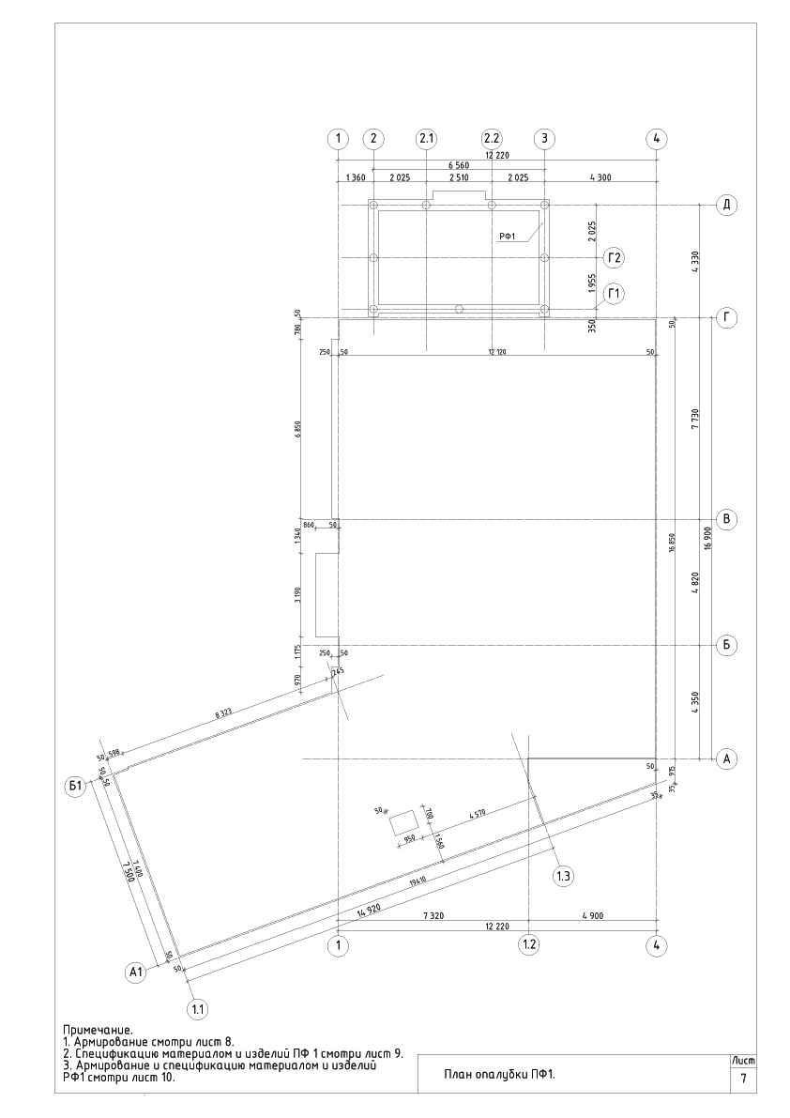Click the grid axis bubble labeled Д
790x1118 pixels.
(x=725, y=205)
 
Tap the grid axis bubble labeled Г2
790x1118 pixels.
(x=615, y=257)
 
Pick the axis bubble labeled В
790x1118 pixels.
(x=725, y=519)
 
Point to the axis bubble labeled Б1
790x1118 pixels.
(x=76, y=786)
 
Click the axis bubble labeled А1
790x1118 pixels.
(x=137, y=973)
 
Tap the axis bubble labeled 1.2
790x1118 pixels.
(x=529, y=944)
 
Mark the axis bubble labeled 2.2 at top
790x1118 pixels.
(x=492, y=139)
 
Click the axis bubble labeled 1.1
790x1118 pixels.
(x=198, y=1009)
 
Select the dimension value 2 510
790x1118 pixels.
(x=459, y=177)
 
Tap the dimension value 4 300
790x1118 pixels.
(x=600, y=177)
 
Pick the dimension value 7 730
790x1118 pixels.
(x=694, y=418)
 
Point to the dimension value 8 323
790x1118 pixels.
(x=223, y=714)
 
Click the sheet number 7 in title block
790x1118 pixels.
(x=743, y=1080)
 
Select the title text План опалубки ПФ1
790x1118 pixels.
(x=500, y=1076)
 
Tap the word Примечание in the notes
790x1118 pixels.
(x=98, y=1031)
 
